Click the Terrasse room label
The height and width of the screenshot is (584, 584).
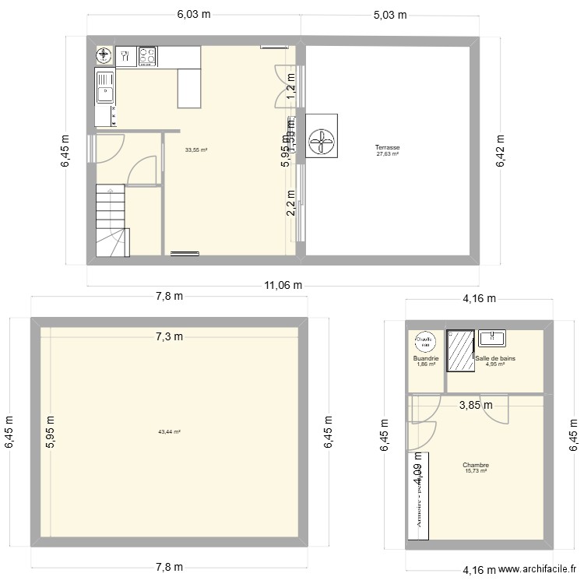click(x=387, y=147)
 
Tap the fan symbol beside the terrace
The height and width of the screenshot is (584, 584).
click(x=322, y=136)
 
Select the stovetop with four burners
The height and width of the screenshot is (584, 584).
click(x=147, y=55)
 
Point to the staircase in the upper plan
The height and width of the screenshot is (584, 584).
click(x=112, y=220)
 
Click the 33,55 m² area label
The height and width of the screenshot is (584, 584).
click(x=195, y=150)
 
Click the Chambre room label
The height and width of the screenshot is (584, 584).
click(x=475, y=465)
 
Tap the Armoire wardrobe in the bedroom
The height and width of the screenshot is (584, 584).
click(x=419, y=495)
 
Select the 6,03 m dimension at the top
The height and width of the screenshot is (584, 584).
click(x=193, y=13)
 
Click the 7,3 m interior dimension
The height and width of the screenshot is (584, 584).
click(x=168, y=336)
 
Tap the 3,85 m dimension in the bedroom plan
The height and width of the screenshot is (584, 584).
click(x=475, y=405)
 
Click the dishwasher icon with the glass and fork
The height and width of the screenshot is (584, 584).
click(x=125, y=55)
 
